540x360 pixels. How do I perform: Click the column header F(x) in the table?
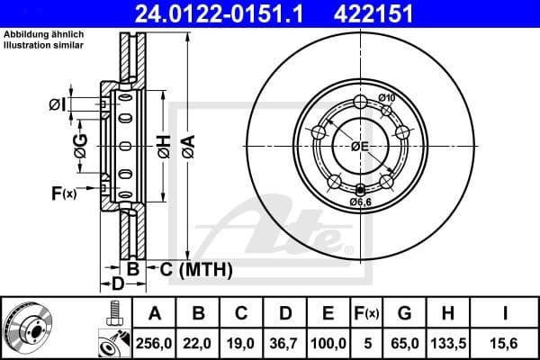(x=367, y=314)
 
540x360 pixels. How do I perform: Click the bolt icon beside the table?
(x=113, y=313)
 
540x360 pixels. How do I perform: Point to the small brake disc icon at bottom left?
(x=32, y=328)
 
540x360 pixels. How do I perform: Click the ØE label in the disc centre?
(x=361, y=146)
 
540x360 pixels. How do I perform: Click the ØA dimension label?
(x=186, y=140)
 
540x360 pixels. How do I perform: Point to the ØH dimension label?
(x=163, y=140)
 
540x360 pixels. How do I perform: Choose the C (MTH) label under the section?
(x=196, y=269)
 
